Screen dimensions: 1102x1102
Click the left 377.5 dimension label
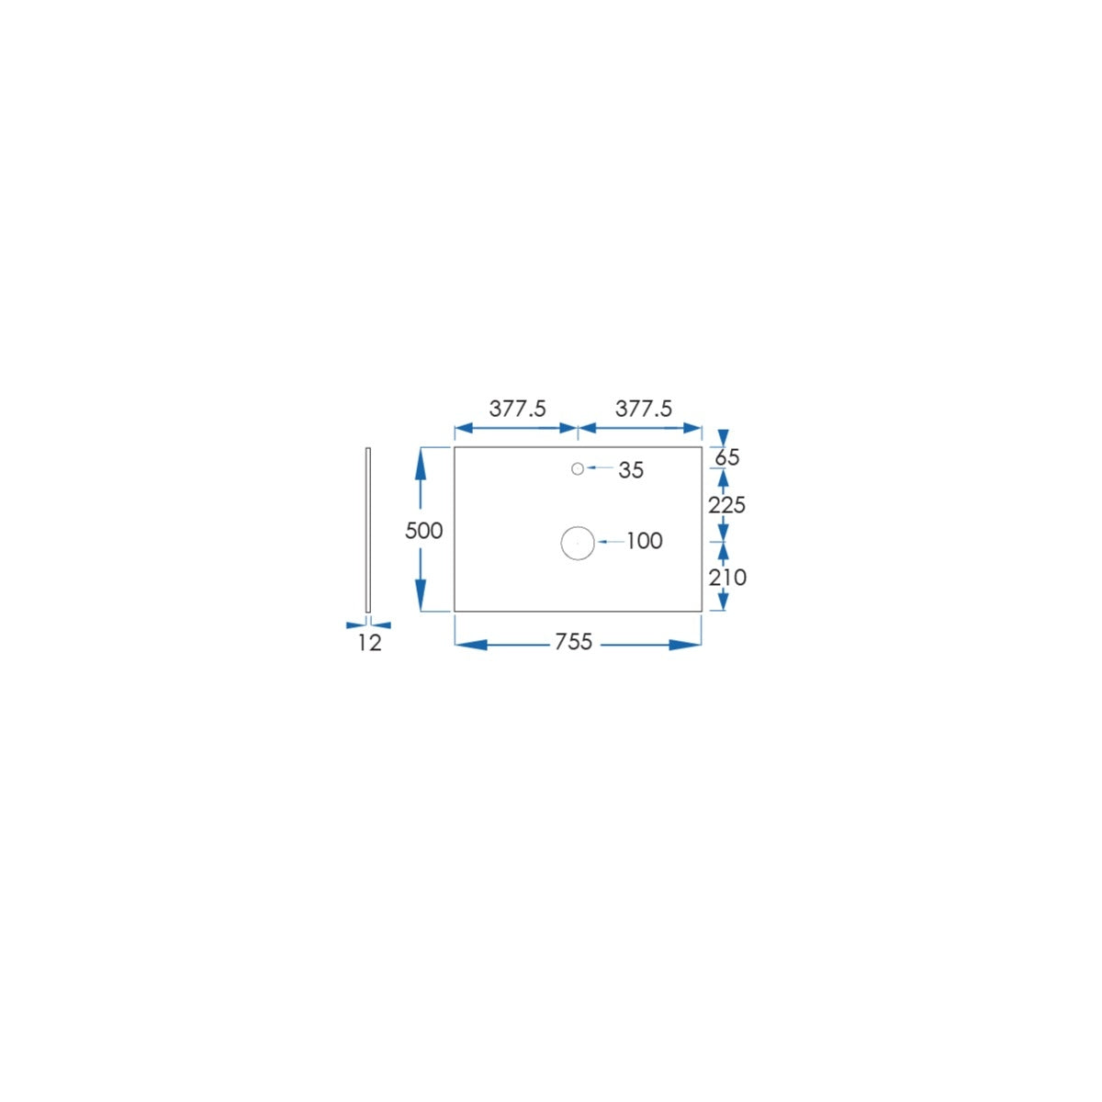[x=518, y=409]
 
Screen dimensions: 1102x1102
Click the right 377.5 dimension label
[x=644, y=409]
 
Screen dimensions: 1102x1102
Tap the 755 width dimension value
[x=574, y=642]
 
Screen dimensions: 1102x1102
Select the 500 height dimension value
[x=423, y=532]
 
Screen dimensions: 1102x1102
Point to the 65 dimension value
[x=727, y=457]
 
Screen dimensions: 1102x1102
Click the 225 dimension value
[x=726, y=505]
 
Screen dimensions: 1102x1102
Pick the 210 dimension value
[x=727, y=579]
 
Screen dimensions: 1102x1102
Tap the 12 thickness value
[x=369, y=644]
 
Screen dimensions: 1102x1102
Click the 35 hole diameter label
[x=631, y=471]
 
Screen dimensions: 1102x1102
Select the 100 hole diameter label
[x=645, y=541]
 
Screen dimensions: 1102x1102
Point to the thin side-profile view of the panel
[x=367, y=530]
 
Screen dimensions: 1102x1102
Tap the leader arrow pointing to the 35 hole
[x=600, y=467]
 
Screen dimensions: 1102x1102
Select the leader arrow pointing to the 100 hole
[x=611, y=542]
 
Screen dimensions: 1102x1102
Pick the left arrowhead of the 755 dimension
[x=471, y=645]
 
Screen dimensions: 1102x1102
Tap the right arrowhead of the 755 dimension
[x=685, y=645]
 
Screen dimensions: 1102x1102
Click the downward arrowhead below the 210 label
[x=723, y=601]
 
